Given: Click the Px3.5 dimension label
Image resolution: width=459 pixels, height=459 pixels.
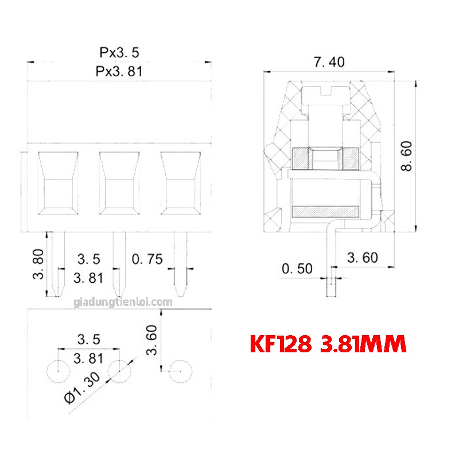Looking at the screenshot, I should point(119,53).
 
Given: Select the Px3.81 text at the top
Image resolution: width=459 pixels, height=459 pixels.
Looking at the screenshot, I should point(119,72).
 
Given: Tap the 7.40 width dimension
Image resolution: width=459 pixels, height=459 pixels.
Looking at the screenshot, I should point(329,63).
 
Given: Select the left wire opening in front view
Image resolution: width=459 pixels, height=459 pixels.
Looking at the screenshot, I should point(58,183).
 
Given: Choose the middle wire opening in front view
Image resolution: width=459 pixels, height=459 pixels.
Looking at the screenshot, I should point(119,183).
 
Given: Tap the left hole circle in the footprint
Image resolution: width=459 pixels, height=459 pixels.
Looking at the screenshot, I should point(57,372).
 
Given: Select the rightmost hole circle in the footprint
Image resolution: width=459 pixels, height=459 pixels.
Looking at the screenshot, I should point(180,372).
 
